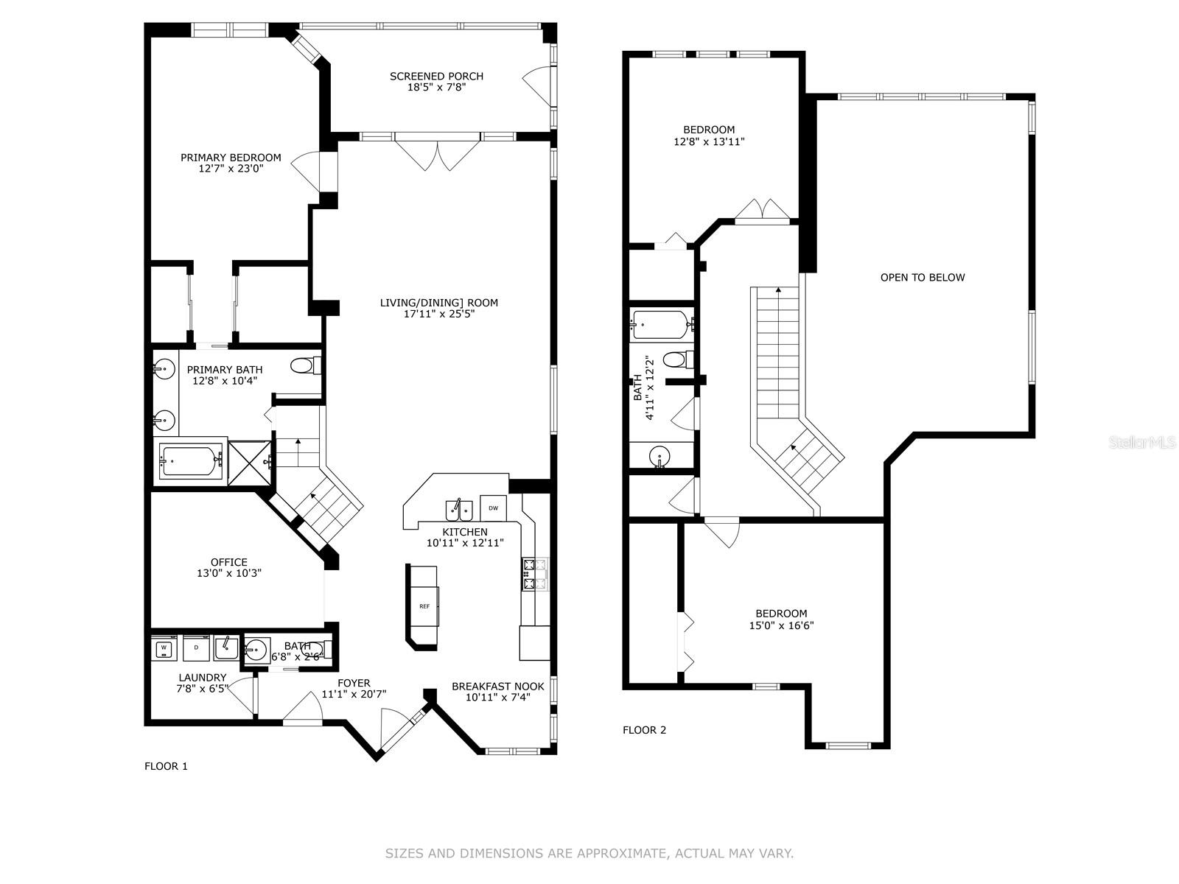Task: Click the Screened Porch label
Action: (436, 76)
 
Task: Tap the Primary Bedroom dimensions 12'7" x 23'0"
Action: (231, 169)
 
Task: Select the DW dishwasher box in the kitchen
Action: (493, 508)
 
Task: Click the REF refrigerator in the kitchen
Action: (424, 606)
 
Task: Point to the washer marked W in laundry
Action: (164, 648)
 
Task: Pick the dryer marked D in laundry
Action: (196, 648)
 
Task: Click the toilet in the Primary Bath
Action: (306, 366)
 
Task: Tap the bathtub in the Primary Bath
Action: (191, 462)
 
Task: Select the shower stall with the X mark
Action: (250, 463)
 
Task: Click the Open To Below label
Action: (923, 278)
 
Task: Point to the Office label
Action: (229, 562)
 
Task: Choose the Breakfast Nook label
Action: (497, 687)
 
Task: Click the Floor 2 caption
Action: (644, 730)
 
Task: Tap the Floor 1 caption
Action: (166, 766)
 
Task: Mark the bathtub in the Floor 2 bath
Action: (662, 325)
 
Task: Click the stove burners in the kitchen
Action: (535, 575)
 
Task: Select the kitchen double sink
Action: (459, 511)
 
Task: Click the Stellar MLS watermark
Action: (1142, 443)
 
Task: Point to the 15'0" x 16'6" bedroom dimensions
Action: (781, 625)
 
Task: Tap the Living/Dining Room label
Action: (439, 303)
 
